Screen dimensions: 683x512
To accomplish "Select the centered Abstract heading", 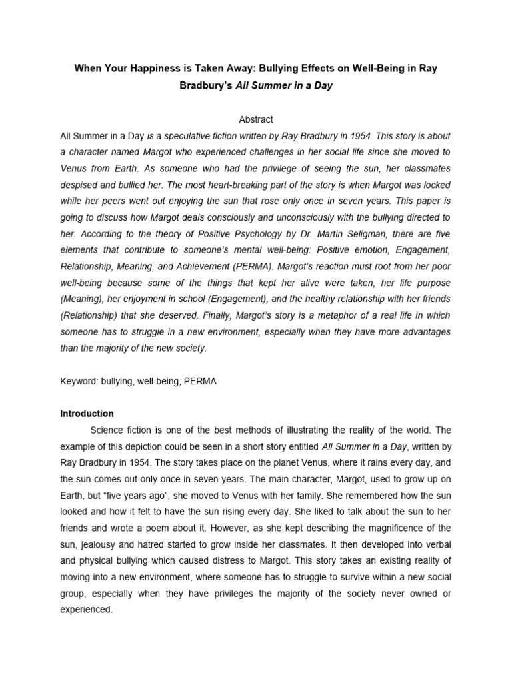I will click(x=256, y=119).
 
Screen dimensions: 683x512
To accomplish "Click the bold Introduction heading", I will click(x=87, y=414).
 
